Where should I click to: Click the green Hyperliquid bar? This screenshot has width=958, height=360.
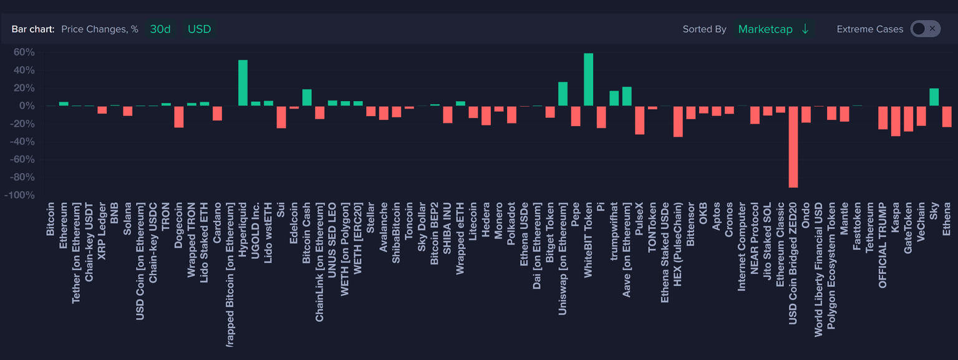pos(243,83)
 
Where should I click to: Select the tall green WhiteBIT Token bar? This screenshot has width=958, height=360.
pos(588,79)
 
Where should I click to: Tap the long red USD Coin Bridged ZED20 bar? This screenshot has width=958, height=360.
pos(793,147)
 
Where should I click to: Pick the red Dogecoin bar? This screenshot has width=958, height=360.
pos(179,117)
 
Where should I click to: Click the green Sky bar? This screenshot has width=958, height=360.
pos(934,97)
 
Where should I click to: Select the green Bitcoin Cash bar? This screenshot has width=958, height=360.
pos(307,98)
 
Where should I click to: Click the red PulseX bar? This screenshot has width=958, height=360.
pos(639,120)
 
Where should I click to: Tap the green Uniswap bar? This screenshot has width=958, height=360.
pos(563,94)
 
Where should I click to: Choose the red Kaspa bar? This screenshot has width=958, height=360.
pos(896,121)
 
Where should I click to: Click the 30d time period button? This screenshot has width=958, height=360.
pos(160,29)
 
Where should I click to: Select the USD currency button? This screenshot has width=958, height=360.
pos(200,29)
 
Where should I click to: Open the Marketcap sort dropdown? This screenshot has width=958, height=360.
pos(773,29)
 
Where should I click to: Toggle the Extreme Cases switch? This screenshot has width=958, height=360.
pos(925,29)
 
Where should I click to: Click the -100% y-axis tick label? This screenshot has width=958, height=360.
pos(21,195)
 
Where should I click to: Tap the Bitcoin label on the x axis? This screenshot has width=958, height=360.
pos(51,218)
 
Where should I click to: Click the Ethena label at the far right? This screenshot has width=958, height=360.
pos(947,218)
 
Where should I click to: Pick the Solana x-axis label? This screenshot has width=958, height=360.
pos(127,218)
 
